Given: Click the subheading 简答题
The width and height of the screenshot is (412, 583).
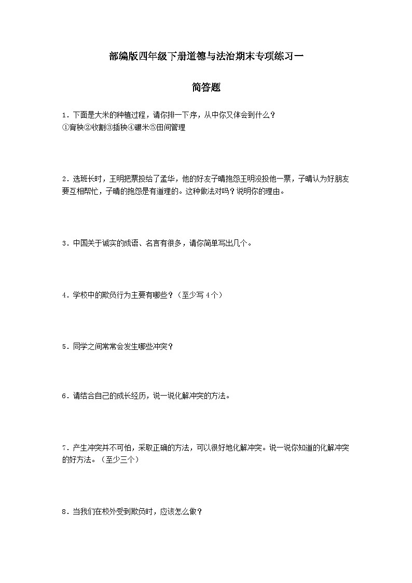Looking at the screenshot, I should pyautogui.click(x=206, y=88).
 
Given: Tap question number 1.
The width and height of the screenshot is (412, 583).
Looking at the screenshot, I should pyautogui.click(x=64, y=115).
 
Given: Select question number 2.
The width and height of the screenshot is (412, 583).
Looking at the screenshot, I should pyautogui.click(x=64, y=179).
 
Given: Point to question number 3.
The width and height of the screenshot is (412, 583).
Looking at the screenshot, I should pyautogui.click(x=64, y=243).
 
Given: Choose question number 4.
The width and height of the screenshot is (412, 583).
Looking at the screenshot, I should pyautogui.click(x=64, y=295).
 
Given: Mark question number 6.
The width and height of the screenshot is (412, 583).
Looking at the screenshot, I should pyautogui.click(x=64, y=396).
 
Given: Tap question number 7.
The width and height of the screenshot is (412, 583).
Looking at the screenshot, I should pyautogui.click(x=64, y=448).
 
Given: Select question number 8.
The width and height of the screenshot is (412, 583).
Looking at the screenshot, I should pyautogui.click(x=64, y=512).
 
